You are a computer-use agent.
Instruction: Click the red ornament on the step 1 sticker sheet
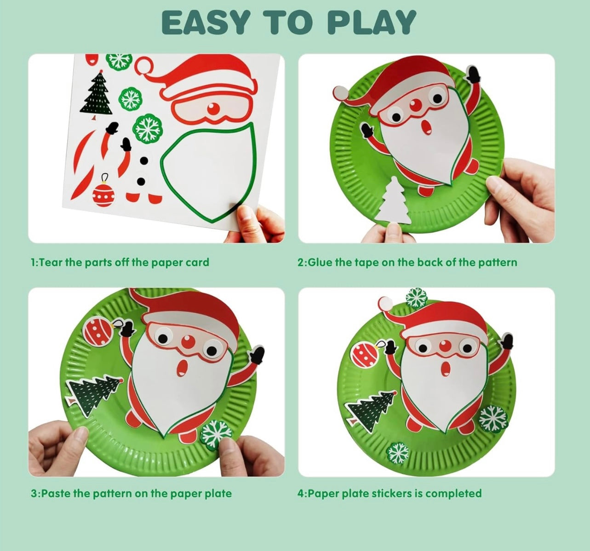coord(103,191)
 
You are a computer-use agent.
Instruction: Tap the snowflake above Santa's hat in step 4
coord(416,298)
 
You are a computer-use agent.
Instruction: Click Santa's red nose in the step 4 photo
coord(445,346)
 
